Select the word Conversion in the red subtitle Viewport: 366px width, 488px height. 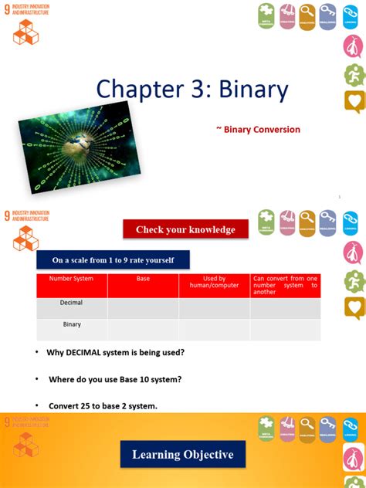coord(274,130)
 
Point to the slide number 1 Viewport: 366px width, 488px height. coord(340,197)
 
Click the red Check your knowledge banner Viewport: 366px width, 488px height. coord(185,229)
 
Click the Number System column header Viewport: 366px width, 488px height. coord(72,279)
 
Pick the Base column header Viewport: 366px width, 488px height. coord(143,279)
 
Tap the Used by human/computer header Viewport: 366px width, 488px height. coord(214,283)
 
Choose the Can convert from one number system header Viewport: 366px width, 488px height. coord(285,285)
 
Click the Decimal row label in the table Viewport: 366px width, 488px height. coord(72,303)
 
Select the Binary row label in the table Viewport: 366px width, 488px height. coord(72,325)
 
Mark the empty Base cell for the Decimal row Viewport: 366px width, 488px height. coord(143,307)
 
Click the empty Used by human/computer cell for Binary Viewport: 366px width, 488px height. coord(214,330)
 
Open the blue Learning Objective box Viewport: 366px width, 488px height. coord(182,455)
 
